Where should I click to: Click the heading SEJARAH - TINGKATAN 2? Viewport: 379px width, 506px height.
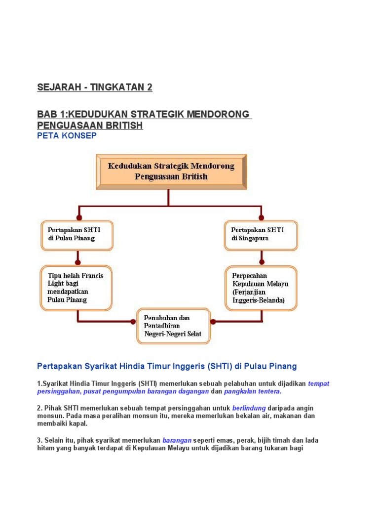pos(95,87)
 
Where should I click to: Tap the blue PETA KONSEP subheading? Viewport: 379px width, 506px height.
pos(67,136)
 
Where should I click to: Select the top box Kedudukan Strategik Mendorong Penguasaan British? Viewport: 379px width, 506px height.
pos(171,170)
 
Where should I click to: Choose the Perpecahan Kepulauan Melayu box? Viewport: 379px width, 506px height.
pos(261,288)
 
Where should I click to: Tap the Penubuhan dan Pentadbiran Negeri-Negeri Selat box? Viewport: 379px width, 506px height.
pos(173,326)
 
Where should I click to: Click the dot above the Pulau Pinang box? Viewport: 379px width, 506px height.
pos(77,217)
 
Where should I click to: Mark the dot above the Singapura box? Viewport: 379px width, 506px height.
pos(262,217)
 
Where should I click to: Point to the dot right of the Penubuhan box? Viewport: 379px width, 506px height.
pos(213,322)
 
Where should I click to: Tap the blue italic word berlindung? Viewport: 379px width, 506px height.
pos(249,408)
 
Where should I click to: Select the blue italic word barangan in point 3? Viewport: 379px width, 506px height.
pos(177,440)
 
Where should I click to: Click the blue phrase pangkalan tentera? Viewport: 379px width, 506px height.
pos(252,391)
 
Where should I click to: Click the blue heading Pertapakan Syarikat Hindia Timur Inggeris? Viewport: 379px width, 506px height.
pos(167,366)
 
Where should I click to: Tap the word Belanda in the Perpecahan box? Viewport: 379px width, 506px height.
pos(271,299)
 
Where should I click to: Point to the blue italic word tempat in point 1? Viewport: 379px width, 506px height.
pos(318,383)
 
